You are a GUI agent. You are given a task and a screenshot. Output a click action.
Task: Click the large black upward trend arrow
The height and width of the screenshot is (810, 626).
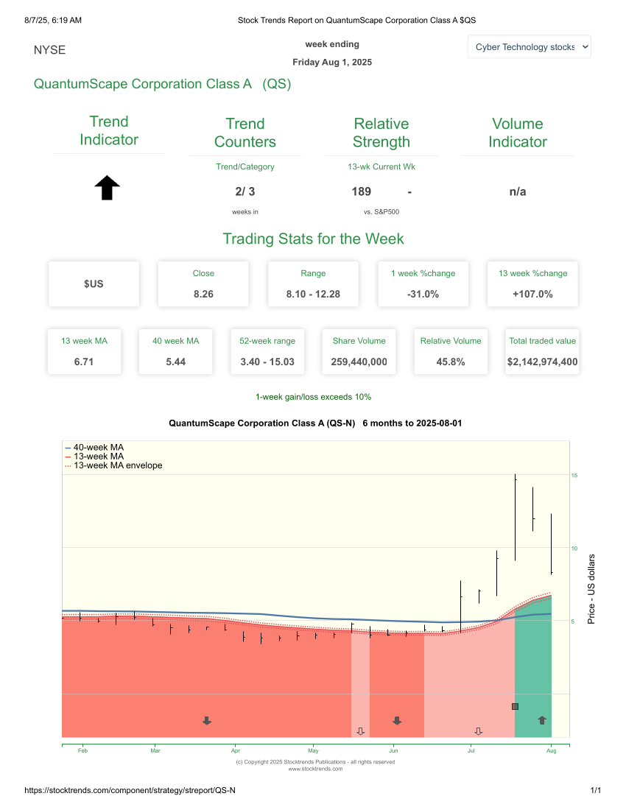[x=108, y=188]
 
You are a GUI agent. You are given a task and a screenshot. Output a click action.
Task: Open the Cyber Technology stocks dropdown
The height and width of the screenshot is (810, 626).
[x=529, y=46]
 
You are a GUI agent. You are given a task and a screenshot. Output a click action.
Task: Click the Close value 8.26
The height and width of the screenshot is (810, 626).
[x=203, y=294]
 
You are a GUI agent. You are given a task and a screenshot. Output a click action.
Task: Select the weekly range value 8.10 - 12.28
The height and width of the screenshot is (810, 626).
[x=313, y=294]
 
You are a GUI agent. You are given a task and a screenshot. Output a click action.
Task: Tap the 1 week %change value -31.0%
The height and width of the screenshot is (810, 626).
[x=423, y=294]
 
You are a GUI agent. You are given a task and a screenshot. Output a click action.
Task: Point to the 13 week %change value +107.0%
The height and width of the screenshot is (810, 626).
[x=532, y=294]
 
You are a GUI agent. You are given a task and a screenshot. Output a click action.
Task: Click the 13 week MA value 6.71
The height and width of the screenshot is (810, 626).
[x=84, y=362]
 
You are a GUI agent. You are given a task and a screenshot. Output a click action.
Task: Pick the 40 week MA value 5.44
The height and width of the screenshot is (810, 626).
[x=175, y=362]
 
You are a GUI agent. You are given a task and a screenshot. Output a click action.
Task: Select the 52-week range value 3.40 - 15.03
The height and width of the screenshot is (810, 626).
[x=267, y=362]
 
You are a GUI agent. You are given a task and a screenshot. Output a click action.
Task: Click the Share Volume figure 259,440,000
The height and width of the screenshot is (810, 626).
[x=359, y=362]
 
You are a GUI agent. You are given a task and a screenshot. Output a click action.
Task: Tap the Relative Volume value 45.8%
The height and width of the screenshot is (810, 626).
[x=450, y=362]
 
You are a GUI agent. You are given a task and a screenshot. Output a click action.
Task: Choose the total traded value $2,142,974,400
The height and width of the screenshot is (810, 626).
[x=542, y=362]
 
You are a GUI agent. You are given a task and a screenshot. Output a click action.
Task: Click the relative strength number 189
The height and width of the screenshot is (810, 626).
[x=361, y=191]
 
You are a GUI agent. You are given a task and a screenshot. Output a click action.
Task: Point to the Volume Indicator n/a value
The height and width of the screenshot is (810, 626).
[x=517, y=191]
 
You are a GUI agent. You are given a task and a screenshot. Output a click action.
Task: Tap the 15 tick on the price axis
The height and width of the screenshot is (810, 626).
[x=574, y=476]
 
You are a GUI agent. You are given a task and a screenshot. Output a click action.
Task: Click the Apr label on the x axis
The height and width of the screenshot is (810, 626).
[x=236, y=751]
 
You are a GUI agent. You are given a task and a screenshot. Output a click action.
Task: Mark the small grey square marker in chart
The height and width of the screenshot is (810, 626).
[x=515, y=706]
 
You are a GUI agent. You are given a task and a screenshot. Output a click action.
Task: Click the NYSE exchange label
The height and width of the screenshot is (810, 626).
[x=49, y=50]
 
